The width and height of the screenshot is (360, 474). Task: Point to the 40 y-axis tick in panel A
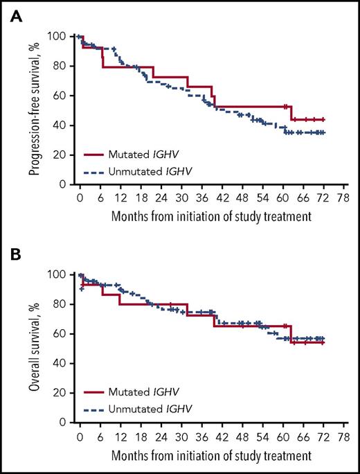tap(62, 125)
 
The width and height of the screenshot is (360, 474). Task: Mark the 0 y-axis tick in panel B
tap(64, 422)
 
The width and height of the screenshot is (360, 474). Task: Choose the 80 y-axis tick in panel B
tap(62, 304)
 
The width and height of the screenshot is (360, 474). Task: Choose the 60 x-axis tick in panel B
tap(283, 436)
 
